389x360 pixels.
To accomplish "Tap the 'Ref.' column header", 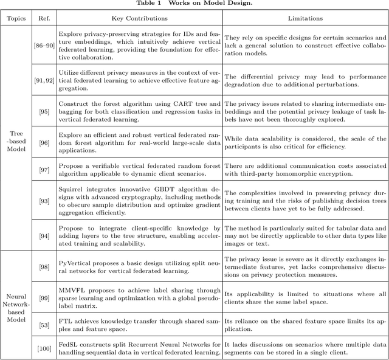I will [44, 19].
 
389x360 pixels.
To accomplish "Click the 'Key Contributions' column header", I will [140, 19].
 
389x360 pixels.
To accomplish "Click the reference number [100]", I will [44, 347].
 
